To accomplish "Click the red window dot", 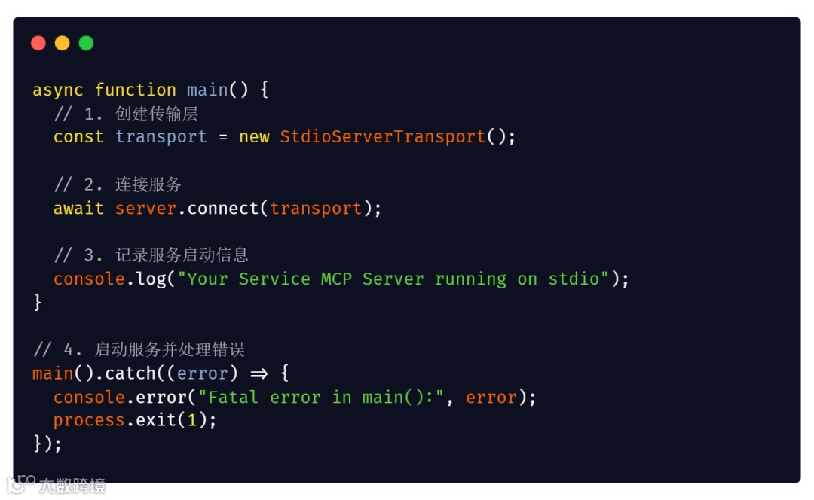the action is pos(38,43).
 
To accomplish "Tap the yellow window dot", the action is pos(63,43).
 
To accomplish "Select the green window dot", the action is pos(87,43).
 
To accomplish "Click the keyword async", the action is pos(58,90).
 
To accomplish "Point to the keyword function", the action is pos(136,90).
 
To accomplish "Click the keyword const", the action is pos(78,137).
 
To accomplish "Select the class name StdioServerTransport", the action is pos(383,137).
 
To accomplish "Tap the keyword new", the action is pos(254,137).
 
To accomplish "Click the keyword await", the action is pos(78,209).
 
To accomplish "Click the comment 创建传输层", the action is pos(157,114).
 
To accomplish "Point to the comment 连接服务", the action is pos(148,185).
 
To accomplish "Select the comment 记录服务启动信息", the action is pos(182,255).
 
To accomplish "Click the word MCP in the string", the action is pos(336,279).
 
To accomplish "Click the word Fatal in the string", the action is pos(234,398).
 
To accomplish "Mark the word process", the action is pos(89,420).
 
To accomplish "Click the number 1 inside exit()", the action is pos(192,420).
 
